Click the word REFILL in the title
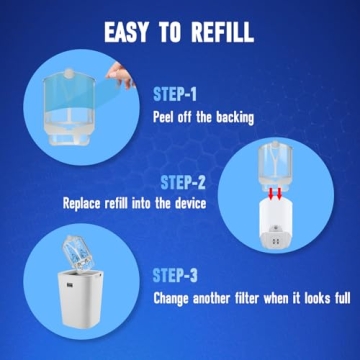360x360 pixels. (223, 33)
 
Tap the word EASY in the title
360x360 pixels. (126, 33)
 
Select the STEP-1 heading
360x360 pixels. (175, 94)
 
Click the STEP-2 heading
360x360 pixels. (183, 183)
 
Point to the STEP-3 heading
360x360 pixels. (175, 276)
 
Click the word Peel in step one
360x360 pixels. (164, 117)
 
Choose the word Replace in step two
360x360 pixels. (82, 203)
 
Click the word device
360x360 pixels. (190, 203)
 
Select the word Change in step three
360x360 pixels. (171, 299)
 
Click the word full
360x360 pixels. (342, 298)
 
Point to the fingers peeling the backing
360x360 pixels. (121, 74)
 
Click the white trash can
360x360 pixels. (81, 299)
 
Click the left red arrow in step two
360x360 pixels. (271, 193)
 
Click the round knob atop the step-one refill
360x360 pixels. (69, 73)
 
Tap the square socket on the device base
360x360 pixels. (276, 241)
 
